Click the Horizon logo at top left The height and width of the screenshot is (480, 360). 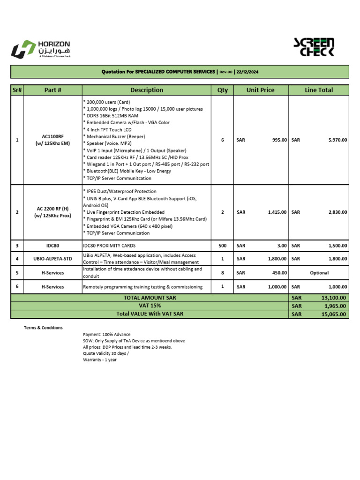(40, 49)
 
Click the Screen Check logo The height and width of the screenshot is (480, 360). (314, 47)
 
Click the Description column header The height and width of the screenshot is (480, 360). (147, 90)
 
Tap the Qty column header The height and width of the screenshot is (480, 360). (222, 90)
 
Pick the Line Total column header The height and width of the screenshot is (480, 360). (319, 90)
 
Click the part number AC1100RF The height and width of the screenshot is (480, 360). (52, 136)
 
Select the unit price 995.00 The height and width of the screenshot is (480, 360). (278, 140)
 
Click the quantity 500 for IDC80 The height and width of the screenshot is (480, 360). (222, 245)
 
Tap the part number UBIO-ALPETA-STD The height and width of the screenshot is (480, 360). (52, 259)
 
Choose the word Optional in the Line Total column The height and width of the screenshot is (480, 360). (319, 273)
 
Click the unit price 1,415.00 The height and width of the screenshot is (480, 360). (277, 212)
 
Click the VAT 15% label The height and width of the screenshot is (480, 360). (150, 306)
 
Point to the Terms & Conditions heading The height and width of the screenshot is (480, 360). (43, 328)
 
